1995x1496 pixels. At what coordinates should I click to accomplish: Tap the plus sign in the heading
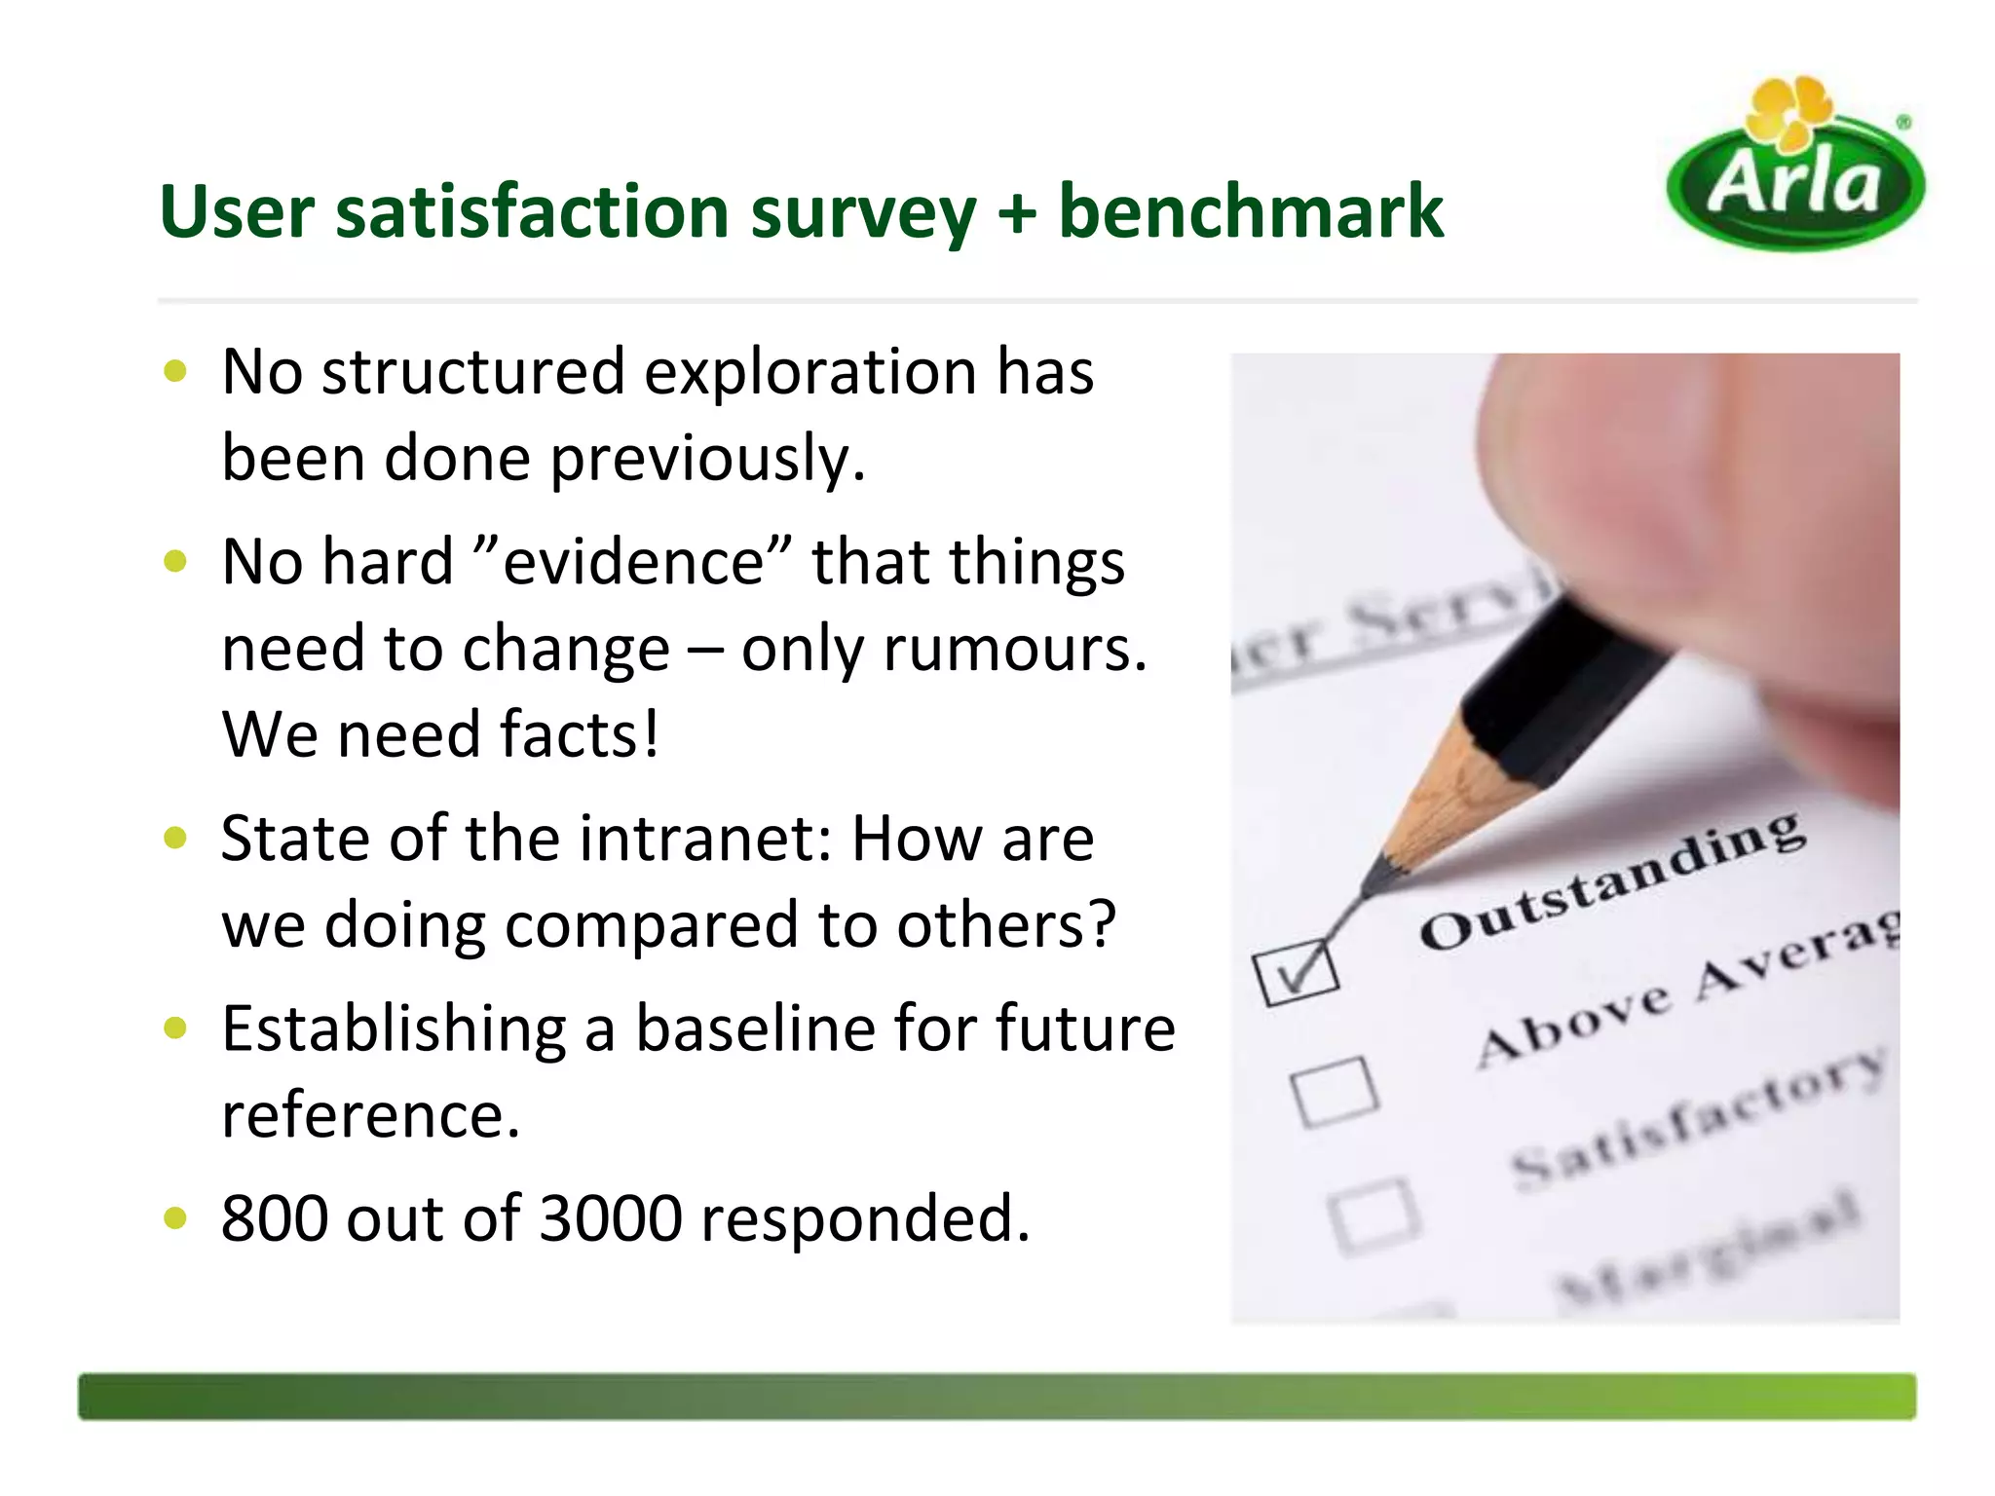[1016, 212]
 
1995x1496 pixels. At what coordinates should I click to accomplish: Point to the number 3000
[611, 1218]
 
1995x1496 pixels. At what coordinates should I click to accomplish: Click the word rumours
[1015, 649]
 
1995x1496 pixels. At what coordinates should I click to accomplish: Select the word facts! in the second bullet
[579, 734]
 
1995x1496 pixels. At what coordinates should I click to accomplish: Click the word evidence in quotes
[632, 562]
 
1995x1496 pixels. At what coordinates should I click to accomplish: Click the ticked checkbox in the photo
[1297, 972]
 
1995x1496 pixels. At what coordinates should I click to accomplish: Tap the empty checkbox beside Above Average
[1335, 1092]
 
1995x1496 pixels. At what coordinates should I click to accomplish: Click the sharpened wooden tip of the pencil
[1442, 799]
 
